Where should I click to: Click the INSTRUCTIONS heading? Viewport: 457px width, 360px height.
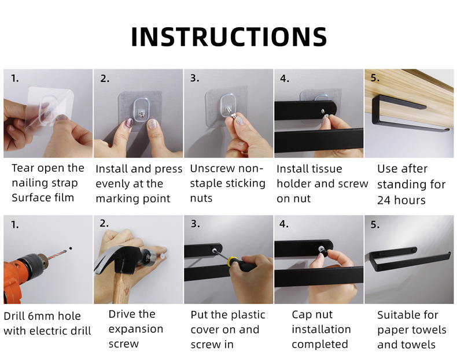(x=229, y=36)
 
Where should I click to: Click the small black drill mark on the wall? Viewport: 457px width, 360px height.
(x=71, y=248)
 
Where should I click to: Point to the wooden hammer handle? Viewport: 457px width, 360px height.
(x=121, y=289)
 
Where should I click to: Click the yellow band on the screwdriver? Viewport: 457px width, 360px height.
(x=232, y=262)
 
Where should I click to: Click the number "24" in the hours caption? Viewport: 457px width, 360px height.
(x=384, y=201)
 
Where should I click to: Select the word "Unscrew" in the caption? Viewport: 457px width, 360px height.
(x=209, y=169)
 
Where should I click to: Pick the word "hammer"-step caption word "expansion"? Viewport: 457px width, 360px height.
(x=135, y=329)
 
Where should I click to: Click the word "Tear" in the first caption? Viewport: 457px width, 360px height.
(x=23, y=168)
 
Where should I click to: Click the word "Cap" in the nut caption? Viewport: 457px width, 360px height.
(x=301, y=315)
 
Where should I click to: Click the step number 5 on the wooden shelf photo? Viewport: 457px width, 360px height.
(x=375, y=78)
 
